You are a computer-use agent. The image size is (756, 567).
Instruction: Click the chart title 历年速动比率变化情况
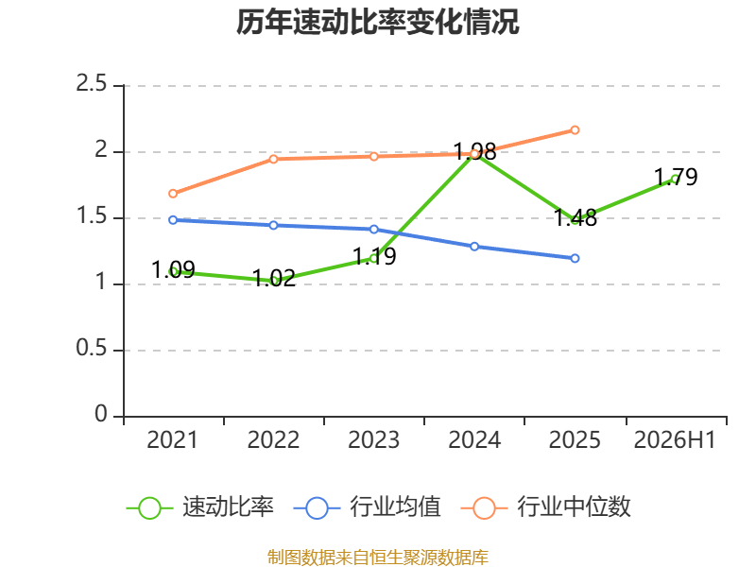point(377,22)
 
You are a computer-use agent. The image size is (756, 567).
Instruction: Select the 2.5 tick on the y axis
point(91,84)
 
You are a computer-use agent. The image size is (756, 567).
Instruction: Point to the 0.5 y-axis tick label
point(91,348)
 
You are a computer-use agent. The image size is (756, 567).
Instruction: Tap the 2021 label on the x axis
point(172,439)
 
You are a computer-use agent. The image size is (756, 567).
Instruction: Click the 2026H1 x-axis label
point(675,439)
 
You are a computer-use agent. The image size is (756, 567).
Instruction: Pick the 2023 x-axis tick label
point(373,439)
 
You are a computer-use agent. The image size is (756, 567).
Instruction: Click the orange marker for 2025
point(575,130)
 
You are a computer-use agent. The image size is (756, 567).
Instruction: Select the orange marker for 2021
point(173,194)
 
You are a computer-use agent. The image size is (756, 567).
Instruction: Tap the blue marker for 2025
point(575,258)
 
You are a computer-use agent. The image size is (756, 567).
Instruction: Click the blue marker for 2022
point(273,225)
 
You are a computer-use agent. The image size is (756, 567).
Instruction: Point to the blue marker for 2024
point(474,247)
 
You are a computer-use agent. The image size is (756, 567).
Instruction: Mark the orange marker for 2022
point(273,159)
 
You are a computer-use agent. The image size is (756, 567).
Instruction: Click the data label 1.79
point(676,177)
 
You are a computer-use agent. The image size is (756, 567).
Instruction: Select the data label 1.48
point(576,218)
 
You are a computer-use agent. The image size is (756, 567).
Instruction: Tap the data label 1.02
point(274,278)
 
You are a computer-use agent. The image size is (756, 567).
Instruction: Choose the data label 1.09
point(173,269)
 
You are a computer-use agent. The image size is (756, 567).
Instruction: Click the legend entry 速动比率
point(200,507)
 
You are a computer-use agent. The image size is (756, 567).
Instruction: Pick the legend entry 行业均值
point(367,507)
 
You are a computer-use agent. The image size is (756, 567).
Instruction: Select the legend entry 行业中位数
point(546,507)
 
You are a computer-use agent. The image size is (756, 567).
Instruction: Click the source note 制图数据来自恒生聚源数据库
point(377,558)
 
